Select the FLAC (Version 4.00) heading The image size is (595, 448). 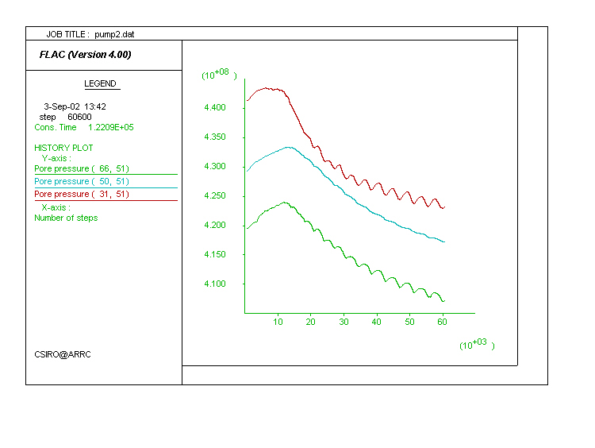click(x=85, y=55)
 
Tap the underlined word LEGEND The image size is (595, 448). click(x=100, y=83)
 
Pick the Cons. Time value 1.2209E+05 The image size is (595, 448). click(x=111, y=127)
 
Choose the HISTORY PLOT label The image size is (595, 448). click(x=63, y=148)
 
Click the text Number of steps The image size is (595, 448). click(x=66, y=218)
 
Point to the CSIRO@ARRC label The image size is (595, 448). click(x=63, y=354)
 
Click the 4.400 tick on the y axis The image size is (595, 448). click(x=215, y=108)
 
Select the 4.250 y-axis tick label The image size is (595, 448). click(x=215, y=196)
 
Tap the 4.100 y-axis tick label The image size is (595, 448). click(x=215, y=284)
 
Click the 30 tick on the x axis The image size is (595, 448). click(x=344, y=322)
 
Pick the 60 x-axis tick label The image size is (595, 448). click(x=442, y=322)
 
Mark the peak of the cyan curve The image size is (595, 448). click(x=287, y=147)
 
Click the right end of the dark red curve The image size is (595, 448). click(x=444, y=207)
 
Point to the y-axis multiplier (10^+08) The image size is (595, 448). click(x=219, y=75)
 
